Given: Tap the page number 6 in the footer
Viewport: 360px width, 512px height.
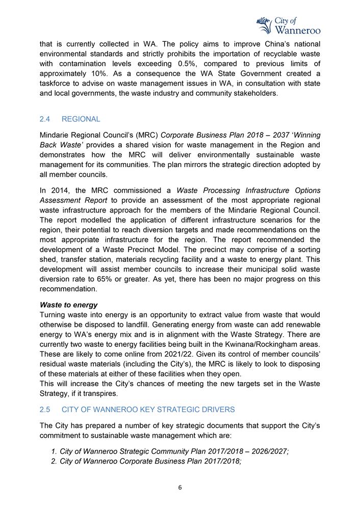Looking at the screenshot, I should click(180, 488).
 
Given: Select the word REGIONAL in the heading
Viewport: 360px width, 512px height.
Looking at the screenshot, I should click(81, 119).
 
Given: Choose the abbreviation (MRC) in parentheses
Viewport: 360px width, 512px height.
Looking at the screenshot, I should click(146, 135).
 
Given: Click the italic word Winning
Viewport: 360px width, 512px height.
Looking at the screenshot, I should click(305, 135).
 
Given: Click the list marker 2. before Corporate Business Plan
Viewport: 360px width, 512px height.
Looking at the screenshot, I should click(55, 461).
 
